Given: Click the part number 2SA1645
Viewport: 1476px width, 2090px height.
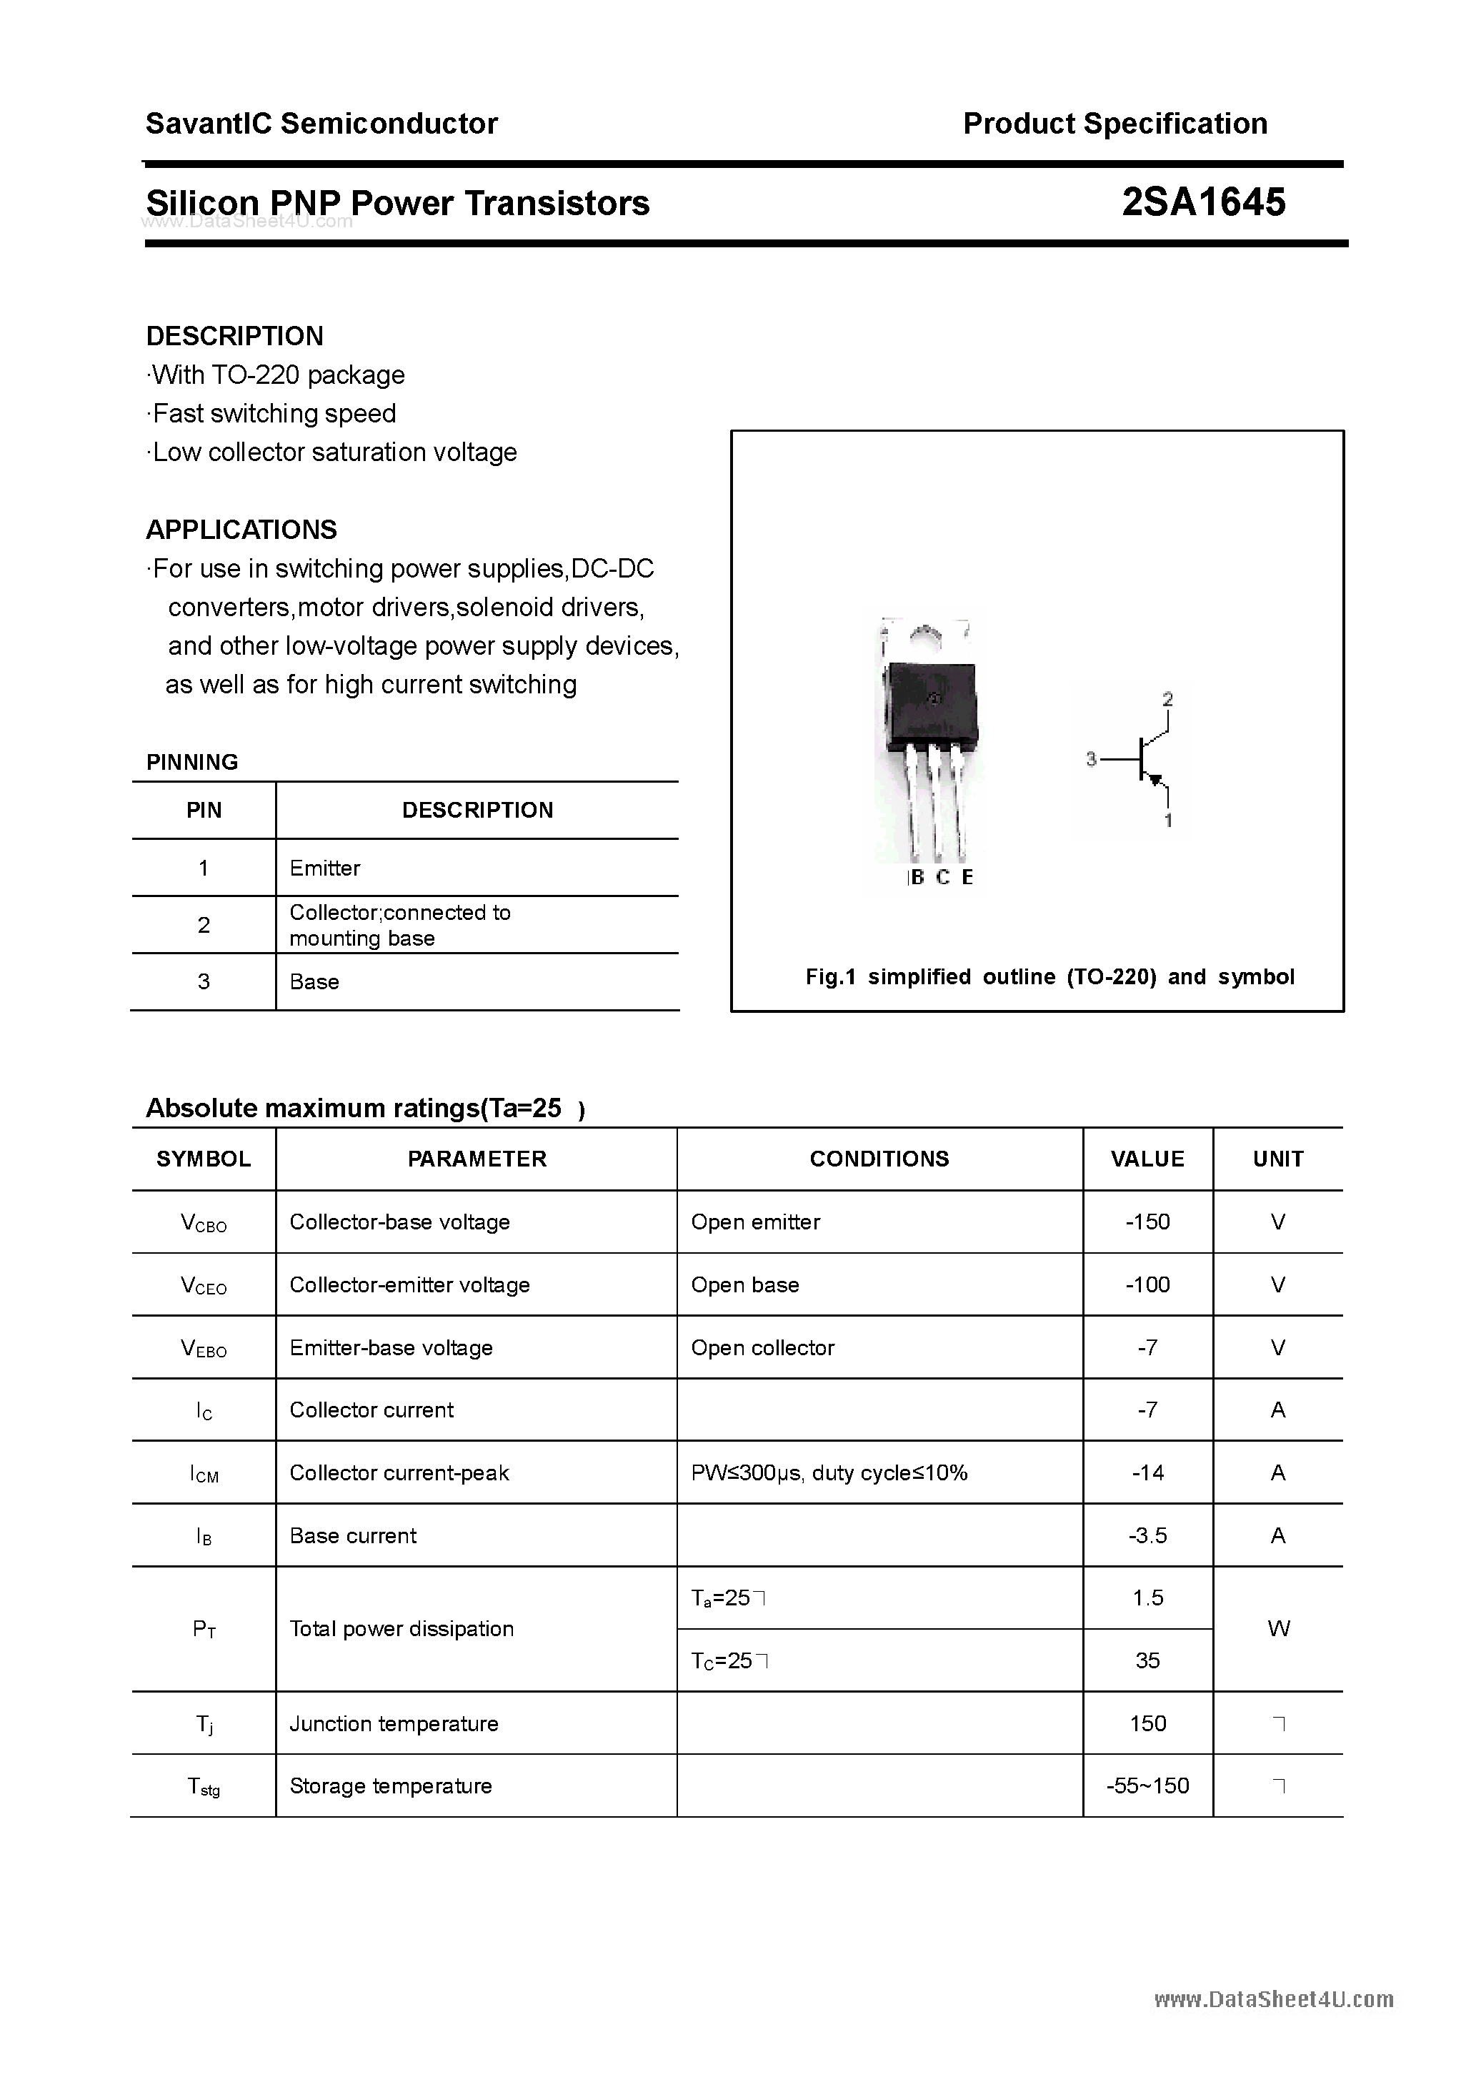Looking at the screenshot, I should pyautogui.click(x=1203, y=202).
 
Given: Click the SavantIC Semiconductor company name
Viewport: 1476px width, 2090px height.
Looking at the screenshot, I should pyautogui.click(x=321, y=124).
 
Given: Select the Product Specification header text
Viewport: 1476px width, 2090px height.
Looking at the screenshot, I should pyautogui.click(x=1115, y=124).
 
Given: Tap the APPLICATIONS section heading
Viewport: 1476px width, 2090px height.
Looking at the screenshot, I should pyautogui.click(x=241, y=530).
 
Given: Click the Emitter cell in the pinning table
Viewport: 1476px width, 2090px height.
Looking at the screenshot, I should pyautogui.click(x=325, y=868).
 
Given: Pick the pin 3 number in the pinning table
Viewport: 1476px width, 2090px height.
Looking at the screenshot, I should pyautogui.click(x=203, y=981).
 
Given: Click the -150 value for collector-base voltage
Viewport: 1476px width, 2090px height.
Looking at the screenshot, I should pyautogui.click(x=1147, y=1222).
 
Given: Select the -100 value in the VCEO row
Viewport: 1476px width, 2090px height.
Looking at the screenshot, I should pyautogui.click(x=1147, y=1284).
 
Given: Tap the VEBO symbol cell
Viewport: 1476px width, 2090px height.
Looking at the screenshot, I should pyautogui.click(x=204, y=1348).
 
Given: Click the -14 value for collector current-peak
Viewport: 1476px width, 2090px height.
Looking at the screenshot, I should pyautogui.click(x=1147, y=1473).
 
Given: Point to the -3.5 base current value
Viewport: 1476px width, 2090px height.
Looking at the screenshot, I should pyautogui.click(x=1147, y=1535).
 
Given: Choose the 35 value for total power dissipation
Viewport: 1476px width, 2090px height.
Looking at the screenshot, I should pyautogui.click(x=1147, y=1660).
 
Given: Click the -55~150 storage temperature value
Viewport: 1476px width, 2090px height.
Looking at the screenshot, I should pyautogui.click(x=1147, y=1786).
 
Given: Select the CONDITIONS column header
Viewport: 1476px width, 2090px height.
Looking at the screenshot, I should pyautogui.click(x=879, y=1159).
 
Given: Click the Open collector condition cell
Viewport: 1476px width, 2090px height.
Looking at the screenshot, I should pyautogui.click(x=762, y=1348).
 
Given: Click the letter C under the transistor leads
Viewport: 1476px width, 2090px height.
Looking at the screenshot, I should pyautogui.click(x=943, y=878).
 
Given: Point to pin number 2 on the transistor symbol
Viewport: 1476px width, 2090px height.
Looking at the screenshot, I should pyautogui.click(x=1167, y=699).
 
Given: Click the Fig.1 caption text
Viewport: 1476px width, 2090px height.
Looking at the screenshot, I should pyautogui.click(x=1049, y=976).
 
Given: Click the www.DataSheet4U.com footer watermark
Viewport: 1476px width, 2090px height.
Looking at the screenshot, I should pyautogui.click(x=1273, y=2000).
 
